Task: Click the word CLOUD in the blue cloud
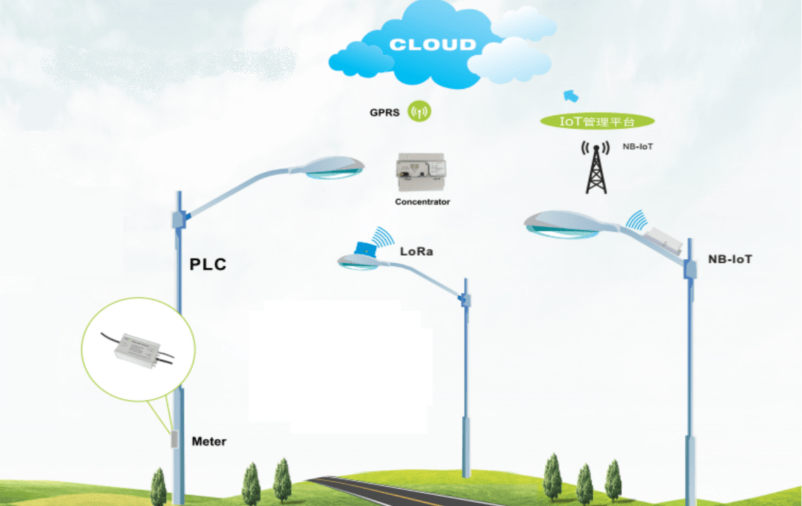coord(432,45)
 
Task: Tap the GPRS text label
coord(385,113)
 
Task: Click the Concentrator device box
coord(421,173)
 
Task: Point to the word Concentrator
coord(422,202)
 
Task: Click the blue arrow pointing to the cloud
coord(571,96)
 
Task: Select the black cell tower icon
coord(595,168)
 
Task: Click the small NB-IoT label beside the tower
coord(637,146)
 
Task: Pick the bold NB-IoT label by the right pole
coord(730,259)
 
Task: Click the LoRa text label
coord(416,252)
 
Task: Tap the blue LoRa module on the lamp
coord(364,249)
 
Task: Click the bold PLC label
coord(208,264)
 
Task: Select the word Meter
coord(209,441)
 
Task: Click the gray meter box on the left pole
coord(174,439)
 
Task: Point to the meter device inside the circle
coord(137,349)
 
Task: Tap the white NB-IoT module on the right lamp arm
coord(663,239)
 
